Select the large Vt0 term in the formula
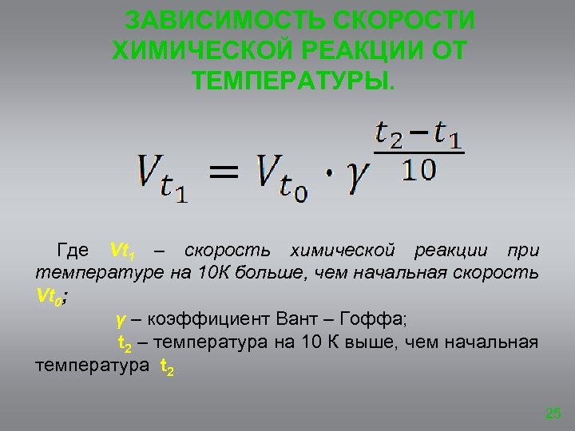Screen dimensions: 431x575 tap(282, 176)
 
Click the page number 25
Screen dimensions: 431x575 tap(553, 413)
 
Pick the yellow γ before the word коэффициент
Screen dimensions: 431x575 tap(121, 321)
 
